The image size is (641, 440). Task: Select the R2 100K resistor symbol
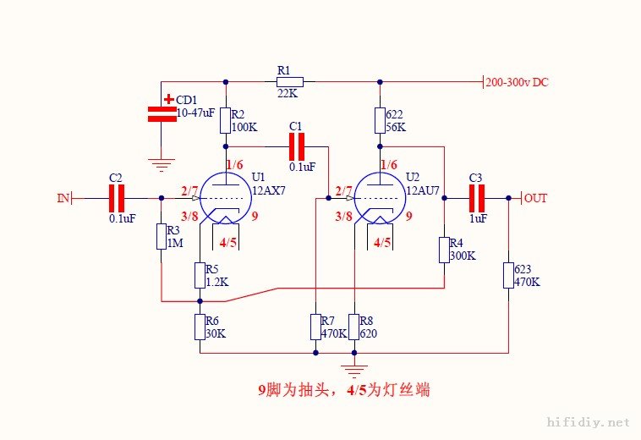pyautogui.click(x=226, y=120)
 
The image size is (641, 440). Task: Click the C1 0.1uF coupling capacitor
pyautogui.click(x=296, y=147)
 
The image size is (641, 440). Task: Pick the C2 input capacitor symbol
pyautogui.click(x=117, y=198)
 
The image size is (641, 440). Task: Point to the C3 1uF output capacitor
pyautogui.click(x=477, y=198)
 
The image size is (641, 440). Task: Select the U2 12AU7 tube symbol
pyautogui.click(x=380, y=198)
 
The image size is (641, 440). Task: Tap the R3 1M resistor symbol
pyautogui.click(x=161, y=237)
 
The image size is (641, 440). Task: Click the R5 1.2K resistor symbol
pyautogui.click(x=200, y=275)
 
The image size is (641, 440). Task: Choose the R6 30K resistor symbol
pyautogui.click(x=200, y=327)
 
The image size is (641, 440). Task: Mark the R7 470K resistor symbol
pyautogui.click(x=315, y=327)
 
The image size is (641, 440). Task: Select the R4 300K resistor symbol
pyautogui.click(x=444, y=250)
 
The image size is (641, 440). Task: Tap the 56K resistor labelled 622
pyautogui.click(x=380, y=120)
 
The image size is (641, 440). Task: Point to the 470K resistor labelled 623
pyautogui.click(x=508, y=275)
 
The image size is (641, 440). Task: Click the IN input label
pyautogui.click(x=63, y=198)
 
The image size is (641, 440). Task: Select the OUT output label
pyautogui.click(x=536, y=198)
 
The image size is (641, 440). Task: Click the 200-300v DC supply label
pyautogui.click(x=518, y=82)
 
